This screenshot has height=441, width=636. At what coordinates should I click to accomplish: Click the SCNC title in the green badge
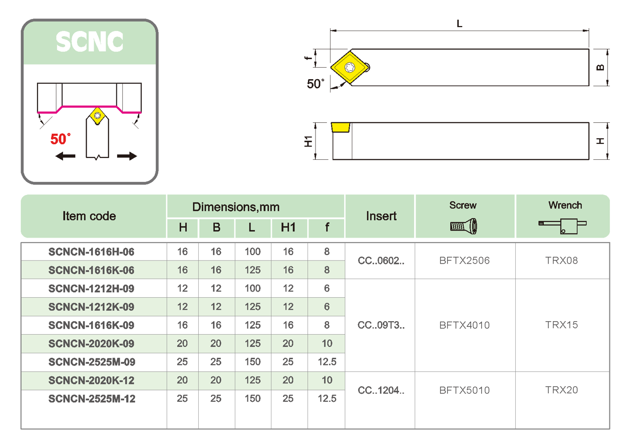[90, 42]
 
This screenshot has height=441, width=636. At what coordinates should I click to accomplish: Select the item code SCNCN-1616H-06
[91, 252]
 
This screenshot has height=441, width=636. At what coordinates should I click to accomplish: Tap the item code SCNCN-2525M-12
[92, 399]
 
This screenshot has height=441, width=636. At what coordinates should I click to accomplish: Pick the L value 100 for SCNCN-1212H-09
[252, 289]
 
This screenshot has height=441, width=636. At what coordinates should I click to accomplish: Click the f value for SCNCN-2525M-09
[327, 362]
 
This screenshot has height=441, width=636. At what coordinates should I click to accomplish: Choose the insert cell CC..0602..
[381, 261]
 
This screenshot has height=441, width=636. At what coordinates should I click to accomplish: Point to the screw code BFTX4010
[464, 325]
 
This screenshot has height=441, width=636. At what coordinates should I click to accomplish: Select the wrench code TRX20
[561, 390]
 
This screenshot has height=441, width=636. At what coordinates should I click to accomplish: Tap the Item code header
[89, 216]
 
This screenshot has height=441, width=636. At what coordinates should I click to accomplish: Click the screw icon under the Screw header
[464, 227]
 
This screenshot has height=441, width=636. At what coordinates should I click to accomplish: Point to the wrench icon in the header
[562, 226]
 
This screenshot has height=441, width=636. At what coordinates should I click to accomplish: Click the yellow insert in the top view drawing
[349, 67]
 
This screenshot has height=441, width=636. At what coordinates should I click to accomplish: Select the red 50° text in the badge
[61, 139]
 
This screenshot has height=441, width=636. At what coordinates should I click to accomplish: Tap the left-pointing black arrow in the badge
[66, 156]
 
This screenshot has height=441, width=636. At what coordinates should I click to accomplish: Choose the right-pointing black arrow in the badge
[127, 156]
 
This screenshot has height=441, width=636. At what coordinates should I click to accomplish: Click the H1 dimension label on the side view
[308, 141]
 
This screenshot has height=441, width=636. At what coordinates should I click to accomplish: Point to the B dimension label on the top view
[601, 67]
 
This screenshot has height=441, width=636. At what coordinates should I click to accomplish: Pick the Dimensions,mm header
[236, 207]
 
